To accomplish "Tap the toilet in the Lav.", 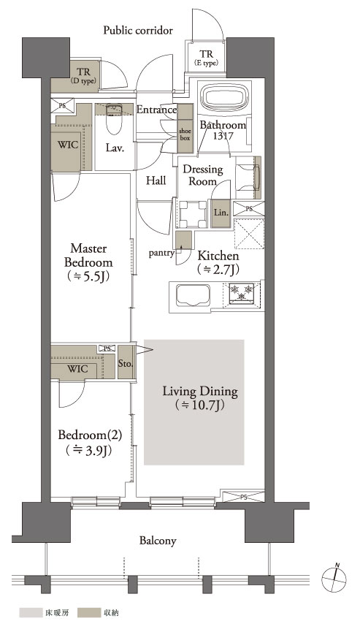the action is click(114, 119).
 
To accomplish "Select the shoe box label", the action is click(185, 134).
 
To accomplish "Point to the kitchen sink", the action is click(191, 297).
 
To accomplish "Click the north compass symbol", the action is click(334, 579).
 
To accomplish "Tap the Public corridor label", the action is click(138, 30).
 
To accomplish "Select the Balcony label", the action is click(158, 541).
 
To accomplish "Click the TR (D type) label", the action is click(84, 76).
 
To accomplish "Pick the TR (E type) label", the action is click(206, 58).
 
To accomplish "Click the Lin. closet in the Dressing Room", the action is click(221, 213).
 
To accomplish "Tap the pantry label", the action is click(161, 254).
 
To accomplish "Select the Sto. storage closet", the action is click(126, 362).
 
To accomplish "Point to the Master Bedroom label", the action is click(88, 256).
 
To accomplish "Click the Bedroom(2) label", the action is click(89, 435).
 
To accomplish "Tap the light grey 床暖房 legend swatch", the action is click(30, 614).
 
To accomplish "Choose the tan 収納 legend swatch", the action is click(88, 614).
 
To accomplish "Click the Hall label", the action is click(156, 180).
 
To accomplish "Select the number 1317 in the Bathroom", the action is click(223, 136).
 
